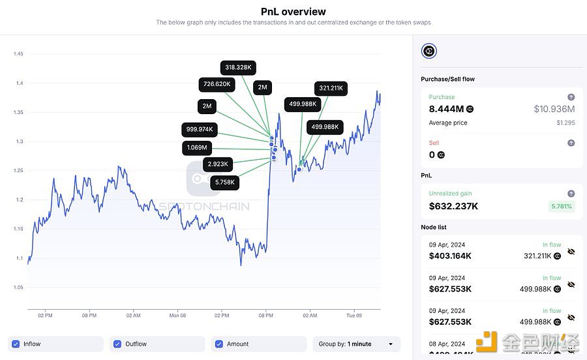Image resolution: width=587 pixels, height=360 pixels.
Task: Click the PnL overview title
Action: pyautogui.click(x=293, y=11)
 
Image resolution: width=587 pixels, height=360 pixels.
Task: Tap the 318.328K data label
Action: pyautogui.click(x=238, y=67)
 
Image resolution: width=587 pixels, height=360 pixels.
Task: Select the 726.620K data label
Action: pyautogui.click(x=217, y=84)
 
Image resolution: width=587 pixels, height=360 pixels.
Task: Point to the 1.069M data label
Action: pyautogui.click(x=196, y=148)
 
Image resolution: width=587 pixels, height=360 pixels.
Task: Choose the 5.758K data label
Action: pyautogui.click(x=224, y=182)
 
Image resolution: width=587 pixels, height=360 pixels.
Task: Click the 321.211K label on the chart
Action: pyautogui.click(x=332, y=88)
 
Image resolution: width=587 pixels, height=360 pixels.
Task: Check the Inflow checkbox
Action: pyautogui.click(x=16, y=344)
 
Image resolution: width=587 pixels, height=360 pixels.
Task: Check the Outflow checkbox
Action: pyautogui.click(x=117, y=344)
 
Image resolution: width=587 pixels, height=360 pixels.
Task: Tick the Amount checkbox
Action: pyautogui.click(x=219, y=344)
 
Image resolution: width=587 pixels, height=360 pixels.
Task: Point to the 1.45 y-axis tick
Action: pyautogui.click(x=18, y=53)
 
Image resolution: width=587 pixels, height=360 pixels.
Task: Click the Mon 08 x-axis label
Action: pyautogui.click(x=177, y=315)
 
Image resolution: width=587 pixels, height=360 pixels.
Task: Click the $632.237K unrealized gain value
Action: pyautogui.click(x=453, y=206)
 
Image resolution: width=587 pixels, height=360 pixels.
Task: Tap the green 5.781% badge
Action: pyautogui.click(x=560, y=206)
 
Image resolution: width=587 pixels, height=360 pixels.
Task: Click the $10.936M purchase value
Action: pyautogui.click(x=554, y=109)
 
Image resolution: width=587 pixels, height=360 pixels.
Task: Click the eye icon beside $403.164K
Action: pyautogui.click(x=571, y=251)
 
